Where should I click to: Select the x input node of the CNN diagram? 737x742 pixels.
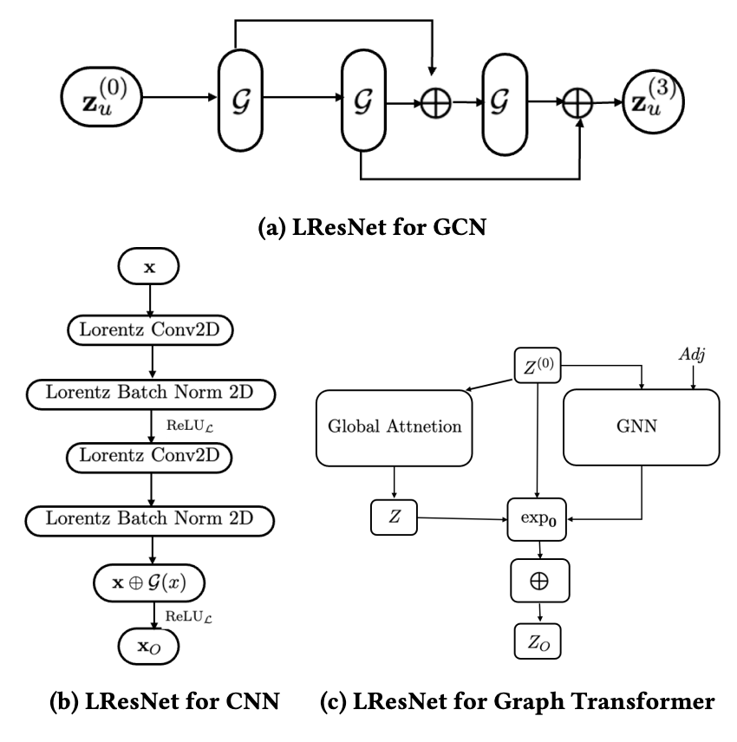[x=150, y=269]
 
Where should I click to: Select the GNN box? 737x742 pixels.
[x=641, y=426]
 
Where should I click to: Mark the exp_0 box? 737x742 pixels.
[x=540, y=521]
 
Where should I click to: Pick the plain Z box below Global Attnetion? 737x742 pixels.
[x=395, y=520]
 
